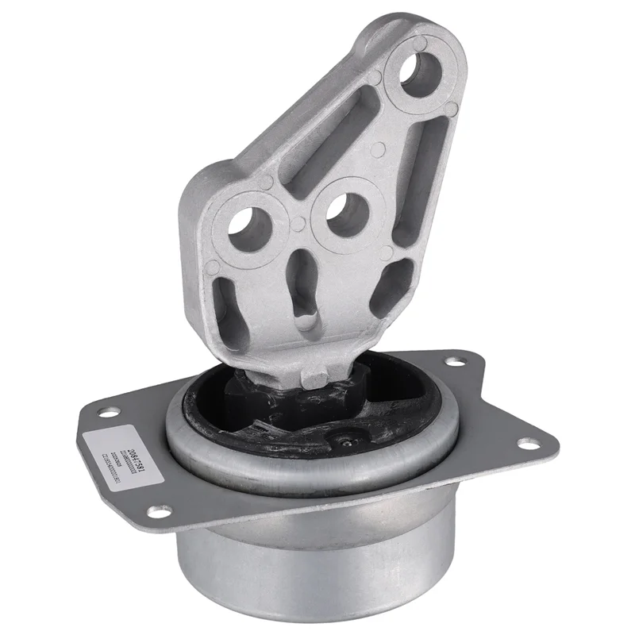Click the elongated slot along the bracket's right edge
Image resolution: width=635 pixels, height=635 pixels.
point(421,183)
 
